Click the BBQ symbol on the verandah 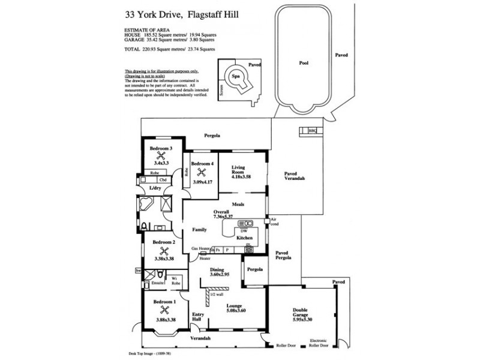coord(311,130)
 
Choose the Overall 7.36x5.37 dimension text coord(223,217)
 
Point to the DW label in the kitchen coord(243,231)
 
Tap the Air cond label coord(275,223)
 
